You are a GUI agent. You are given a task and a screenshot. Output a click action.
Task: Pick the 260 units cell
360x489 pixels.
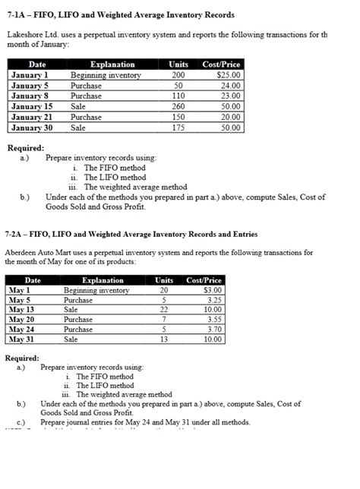(178, 107)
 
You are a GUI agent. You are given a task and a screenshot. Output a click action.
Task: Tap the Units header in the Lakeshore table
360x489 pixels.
(178, 65)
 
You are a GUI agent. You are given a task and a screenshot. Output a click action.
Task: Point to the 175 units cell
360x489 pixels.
(178, 128)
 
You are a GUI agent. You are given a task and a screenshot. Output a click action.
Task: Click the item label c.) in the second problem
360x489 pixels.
(21, 421)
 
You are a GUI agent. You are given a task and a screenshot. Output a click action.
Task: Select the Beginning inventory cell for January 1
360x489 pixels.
(106, 75)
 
